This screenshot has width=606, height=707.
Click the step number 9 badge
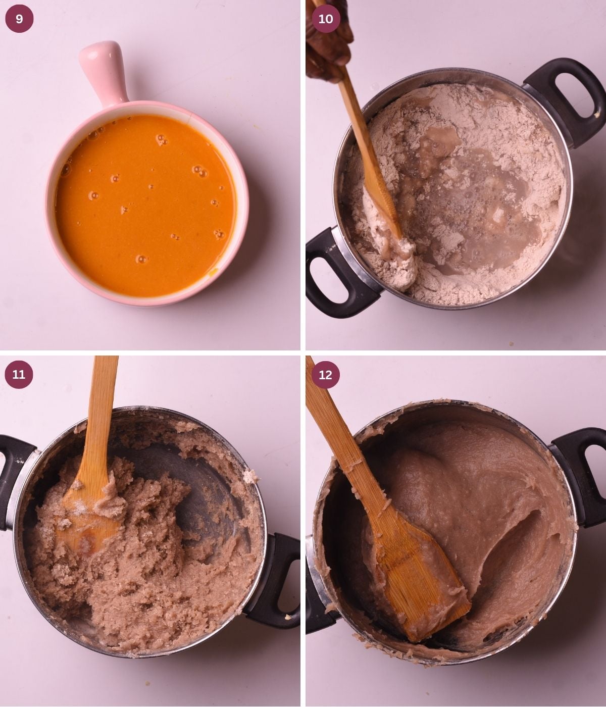click(19, 19)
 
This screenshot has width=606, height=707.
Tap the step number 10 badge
click(326, 19)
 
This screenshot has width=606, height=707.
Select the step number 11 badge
click(19, 374)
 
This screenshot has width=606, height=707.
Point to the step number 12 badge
click(326, 374)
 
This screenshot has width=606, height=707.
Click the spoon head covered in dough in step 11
click(88, 520)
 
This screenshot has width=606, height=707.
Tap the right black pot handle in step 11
click(275, 581)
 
